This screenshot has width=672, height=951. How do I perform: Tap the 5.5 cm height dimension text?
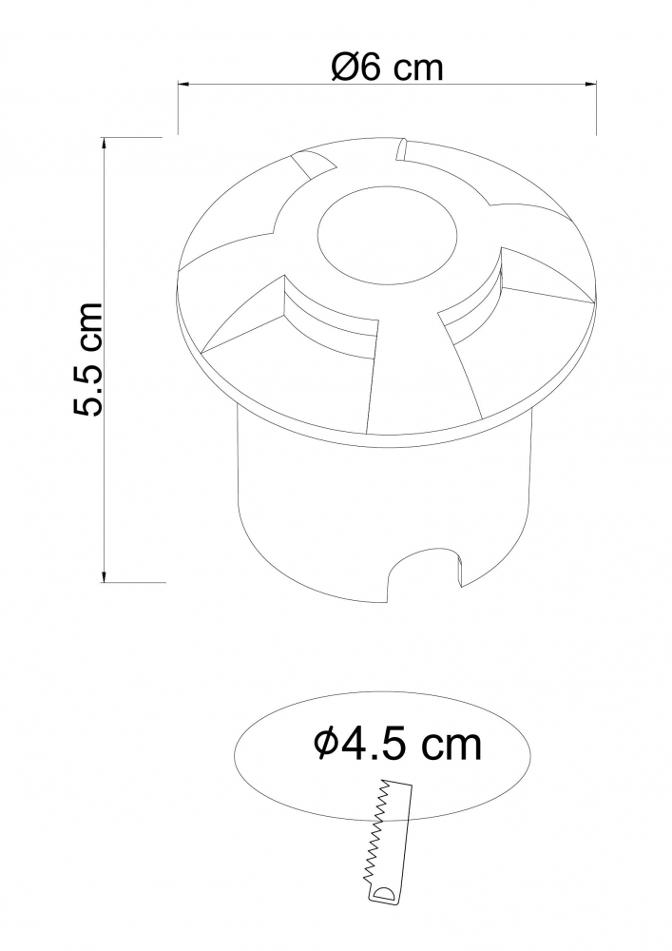coord(87,359)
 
